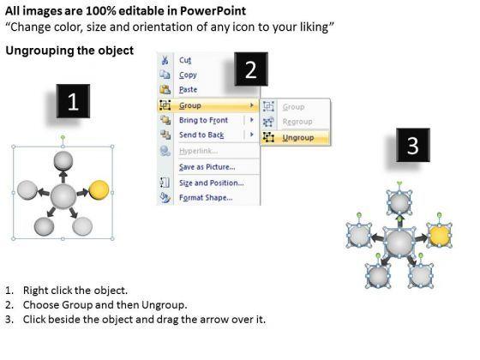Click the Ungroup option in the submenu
pos(298,137)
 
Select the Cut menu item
pos(185,60)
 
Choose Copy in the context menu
pos(188,75)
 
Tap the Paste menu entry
pos(188,90)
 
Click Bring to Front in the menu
pos(203,120)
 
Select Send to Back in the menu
pos(201,135)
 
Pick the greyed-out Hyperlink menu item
pos(198,151)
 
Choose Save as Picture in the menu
pos(207,167)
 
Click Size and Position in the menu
pos(211,183)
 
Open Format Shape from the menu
pos(206,198)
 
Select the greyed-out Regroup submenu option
pos(297,122)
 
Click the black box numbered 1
pos(73,101)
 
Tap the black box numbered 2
pos(251,69)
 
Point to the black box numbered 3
pos(413,145)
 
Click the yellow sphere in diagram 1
pos(99,190)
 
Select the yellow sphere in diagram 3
pos(440,236)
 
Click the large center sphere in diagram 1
pos(63,197)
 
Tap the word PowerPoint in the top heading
pos(213,11)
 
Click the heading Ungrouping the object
pos(69,51)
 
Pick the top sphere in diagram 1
pos(63,160)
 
